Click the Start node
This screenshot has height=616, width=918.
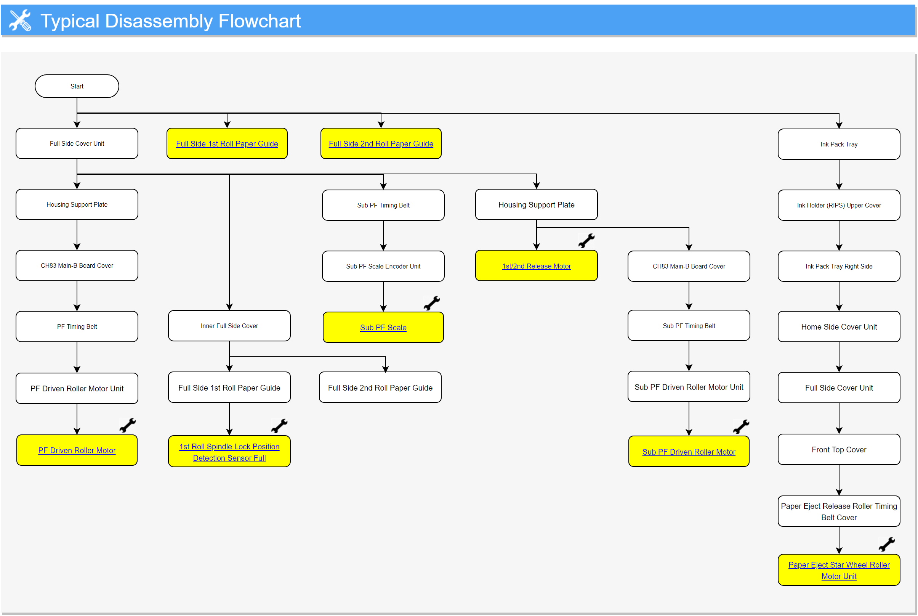[77, 86]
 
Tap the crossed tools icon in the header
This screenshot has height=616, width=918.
[20, 20]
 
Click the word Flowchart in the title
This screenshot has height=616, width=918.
[260, 21]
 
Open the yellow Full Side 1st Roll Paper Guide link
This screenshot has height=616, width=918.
[227, 144]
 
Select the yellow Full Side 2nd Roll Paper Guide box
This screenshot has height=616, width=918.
[381, 143]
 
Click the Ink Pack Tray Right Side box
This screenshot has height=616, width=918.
[839, 266]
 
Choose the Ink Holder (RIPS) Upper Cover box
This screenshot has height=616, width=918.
[839, 205]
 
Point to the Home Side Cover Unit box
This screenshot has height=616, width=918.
[839, 327]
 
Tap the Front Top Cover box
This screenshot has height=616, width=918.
[839, 449]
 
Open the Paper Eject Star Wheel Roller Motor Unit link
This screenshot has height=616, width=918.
[839, 571]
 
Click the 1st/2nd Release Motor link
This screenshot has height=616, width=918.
[536, 266]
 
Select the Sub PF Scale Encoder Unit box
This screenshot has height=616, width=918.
[383, 266]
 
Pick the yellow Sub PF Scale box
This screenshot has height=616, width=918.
[383, 328]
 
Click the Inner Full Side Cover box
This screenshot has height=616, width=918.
[229, 326]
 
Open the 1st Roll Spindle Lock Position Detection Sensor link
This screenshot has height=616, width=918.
[229, 452]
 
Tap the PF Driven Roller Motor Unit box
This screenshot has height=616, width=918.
[77, 389]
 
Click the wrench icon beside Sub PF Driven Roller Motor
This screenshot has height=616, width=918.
[741, 427]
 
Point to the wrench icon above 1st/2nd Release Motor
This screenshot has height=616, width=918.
[586, 241]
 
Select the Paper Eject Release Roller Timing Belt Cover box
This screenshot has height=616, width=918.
[839, 511]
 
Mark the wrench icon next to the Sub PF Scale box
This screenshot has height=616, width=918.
[432, 303]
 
